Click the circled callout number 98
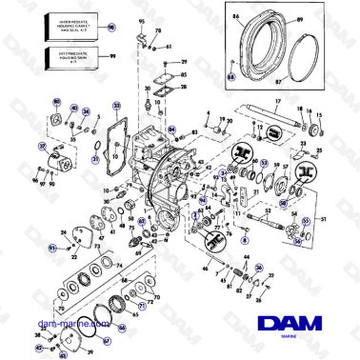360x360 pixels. click(x=111, y=30)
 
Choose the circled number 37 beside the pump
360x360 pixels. click(x=41, y=146)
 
